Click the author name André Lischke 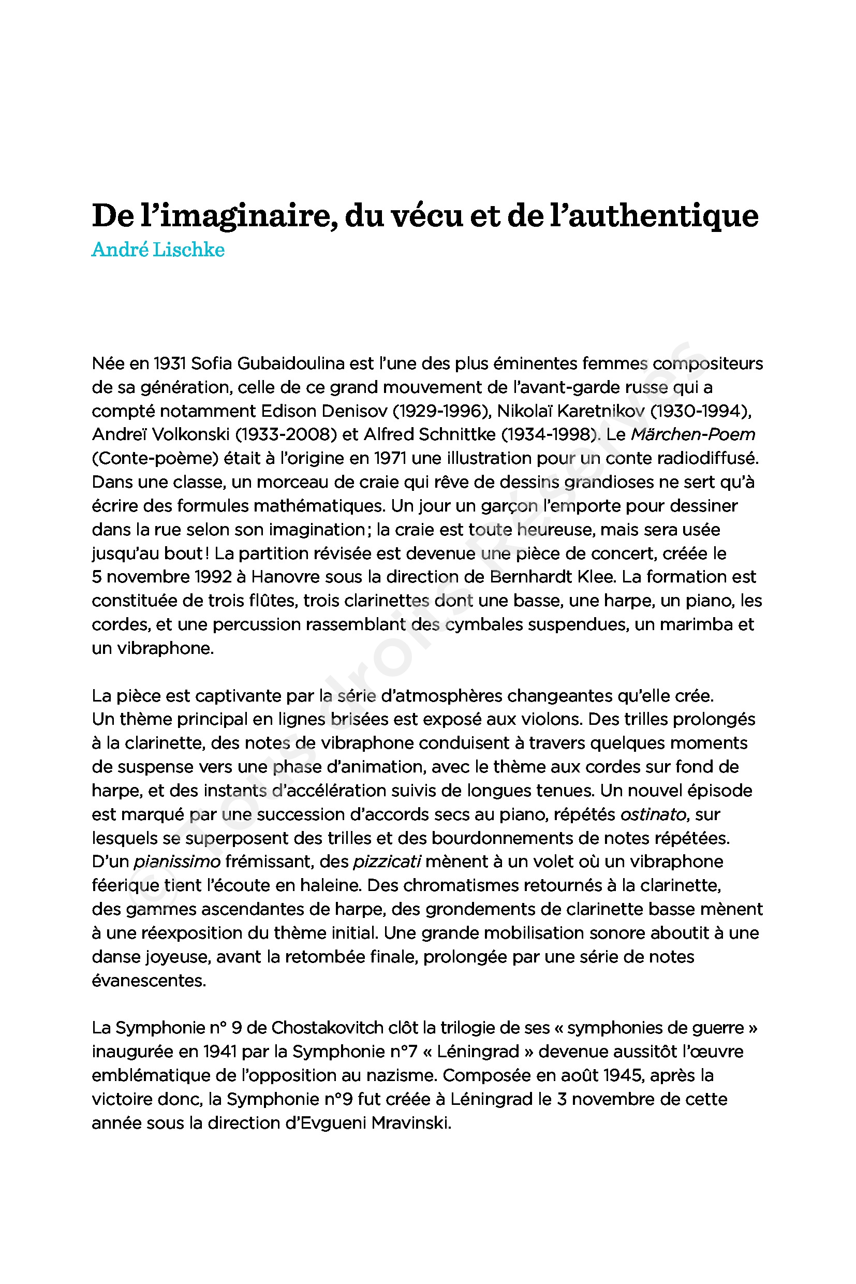(158, 250)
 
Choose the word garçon (509, 506)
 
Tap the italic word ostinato (653, 814)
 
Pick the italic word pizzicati (387, 862)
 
